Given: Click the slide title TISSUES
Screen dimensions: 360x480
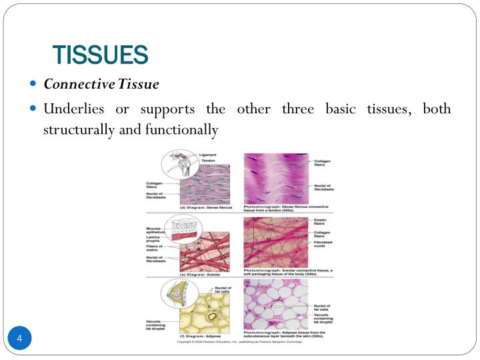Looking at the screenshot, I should pyautogui.click(x=100, y=55).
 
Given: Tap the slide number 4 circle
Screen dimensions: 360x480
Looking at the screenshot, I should pyautogui.click(x=19, y=340).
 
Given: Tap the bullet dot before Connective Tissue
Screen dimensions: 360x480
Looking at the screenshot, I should pyautogui.click(x=34, y=85).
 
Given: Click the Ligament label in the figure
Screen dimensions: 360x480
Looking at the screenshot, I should pyautogui.click(x=207, y=155).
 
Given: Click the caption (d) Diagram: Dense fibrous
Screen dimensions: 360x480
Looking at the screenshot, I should pyautogui.click(x=203, y=208).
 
